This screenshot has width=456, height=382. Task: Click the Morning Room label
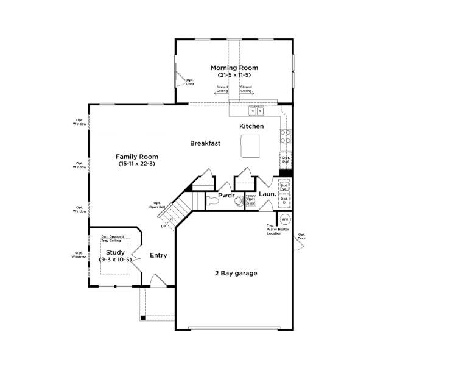tap(234, 68)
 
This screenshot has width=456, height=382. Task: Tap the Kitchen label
tap(251, 126)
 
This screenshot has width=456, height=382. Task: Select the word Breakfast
tap(205, 144)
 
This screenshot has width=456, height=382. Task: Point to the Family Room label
tap(136, 157)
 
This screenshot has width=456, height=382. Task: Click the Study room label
tap(115, 252)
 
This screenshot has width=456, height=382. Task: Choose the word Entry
tap(158, 255)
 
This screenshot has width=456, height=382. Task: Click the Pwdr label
tap(226, 196)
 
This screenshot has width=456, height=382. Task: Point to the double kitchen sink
tap(256, 111)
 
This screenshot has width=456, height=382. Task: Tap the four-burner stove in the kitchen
tap(284, 136)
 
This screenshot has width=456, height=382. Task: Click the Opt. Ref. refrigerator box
tap(285, 161)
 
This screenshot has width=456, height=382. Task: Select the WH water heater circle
tap(285, 219)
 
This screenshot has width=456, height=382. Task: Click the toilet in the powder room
tap(238, 199)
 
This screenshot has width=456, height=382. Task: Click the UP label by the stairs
tap(163, 226)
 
